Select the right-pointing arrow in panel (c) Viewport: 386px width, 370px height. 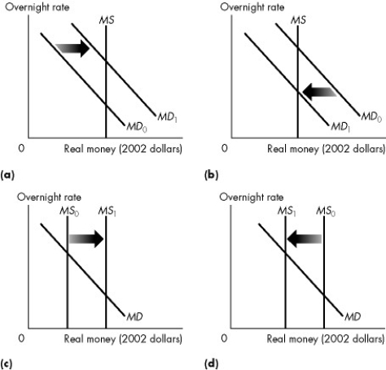tap(86, 239)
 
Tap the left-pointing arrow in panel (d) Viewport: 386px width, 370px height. tap(305, 239)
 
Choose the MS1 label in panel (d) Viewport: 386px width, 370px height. tap(285, 211)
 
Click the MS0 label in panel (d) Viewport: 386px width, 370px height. tap(325, 211)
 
